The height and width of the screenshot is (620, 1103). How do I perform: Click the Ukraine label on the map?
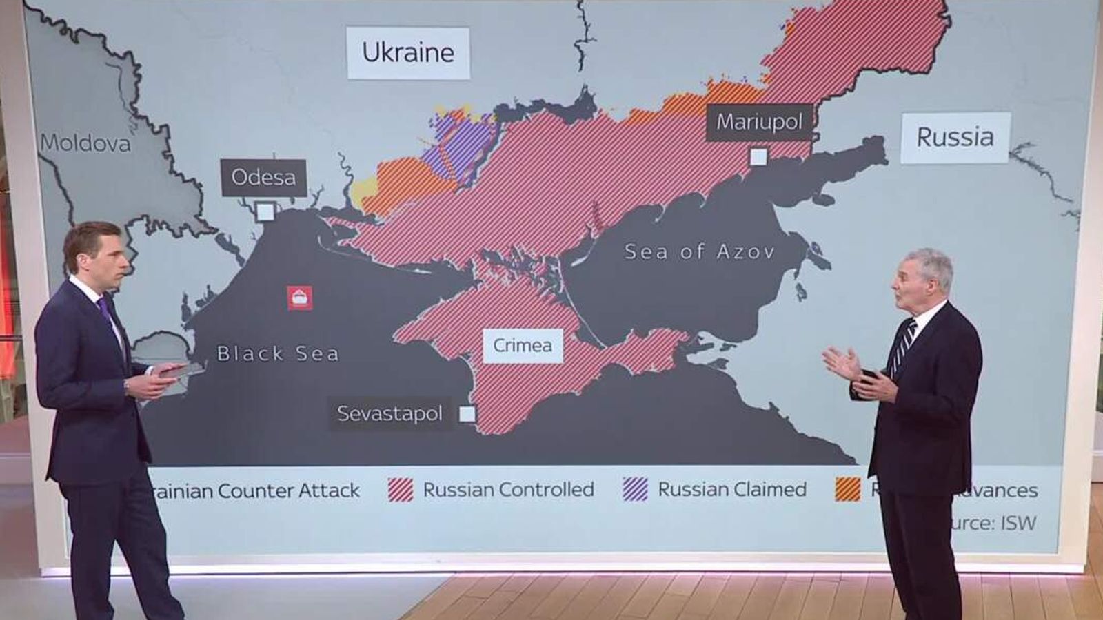pyautogui.click(x=408, y=52)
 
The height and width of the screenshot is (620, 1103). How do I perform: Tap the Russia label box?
pyautogui.click(x=955, y=138)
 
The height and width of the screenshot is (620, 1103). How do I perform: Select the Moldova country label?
pyautogui.click(x=85, y=143)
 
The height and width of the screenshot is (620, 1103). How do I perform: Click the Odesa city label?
pyautogui.click(x=263, y=178)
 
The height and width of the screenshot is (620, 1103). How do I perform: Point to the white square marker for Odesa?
pyautogui.click(x=265, y=211)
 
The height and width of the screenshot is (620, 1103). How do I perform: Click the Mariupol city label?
pyautogui.click(x=759, y=123)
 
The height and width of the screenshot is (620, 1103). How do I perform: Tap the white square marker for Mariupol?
pyautogui.click(x=758, y=157)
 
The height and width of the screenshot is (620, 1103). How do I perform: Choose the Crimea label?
pyautogui.click(x=523, y=345)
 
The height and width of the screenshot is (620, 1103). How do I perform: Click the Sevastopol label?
pyautogui.click(x=389, y=413)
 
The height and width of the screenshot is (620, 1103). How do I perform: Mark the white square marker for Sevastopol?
pyautogui.click(x=467, y=414)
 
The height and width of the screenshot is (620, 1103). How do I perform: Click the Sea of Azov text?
pyautogui.click(x=699, y=252)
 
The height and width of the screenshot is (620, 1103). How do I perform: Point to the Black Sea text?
pyautogui.click(x=278, y=354)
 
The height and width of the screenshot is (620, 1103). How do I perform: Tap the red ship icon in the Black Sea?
pyautogui.click(x=300, y=298)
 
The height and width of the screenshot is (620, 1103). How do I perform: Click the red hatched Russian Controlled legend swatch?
pyautogui.click(x=401, y=490)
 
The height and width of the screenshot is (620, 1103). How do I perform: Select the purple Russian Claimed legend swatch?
pyautogui.click(x=636, y=489)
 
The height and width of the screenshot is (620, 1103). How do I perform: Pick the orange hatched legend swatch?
pyautogui.click(x=848, y=489)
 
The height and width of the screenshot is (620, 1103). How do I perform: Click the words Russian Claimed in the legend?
pyautogui.click(x=732, y=490)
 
